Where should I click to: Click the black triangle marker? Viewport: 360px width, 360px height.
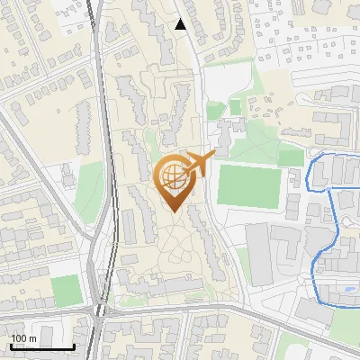point(181,24)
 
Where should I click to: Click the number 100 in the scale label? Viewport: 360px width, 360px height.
point(19,338)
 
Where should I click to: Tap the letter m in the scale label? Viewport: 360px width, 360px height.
point(32,338)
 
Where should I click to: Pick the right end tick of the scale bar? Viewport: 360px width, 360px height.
point(74,346)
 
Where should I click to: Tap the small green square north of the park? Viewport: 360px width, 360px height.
point(235,107)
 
